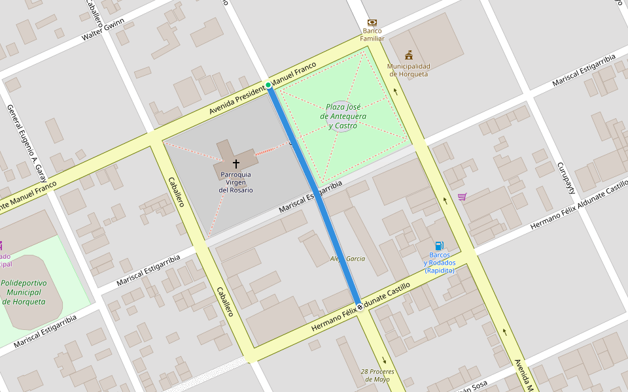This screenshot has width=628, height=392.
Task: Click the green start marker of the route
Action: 268,86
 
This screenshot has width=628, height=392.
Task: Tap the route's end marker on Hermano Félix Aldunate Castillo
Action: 359,306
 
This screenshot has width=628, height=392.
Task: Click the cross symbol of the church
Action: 235,163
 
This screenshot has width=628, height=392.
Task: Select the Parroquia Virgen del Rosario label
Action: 235,182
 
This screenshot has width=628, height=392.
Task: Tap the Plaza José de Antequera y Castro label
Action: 343,116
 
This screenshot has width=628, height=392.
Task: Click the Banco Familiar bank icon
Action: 372,22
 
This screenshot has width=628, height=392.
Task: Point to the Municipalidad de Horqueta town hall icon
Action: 409,55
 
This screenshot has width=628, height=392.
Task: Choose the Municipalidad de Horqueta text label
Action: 409,70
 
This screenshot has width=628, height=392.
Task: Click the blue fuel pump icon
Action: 439,246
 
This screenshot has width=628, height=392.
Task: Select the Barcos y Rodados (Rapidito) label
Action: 439,263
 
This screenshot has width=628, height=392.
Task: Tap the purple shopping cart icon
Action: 462,197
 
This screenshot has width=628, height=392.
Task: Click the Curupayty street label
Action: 566,178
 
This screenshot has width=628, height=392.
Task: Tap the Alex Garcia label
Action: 348,259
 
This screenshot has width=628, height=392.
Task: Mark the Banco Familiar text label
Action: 372,34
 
